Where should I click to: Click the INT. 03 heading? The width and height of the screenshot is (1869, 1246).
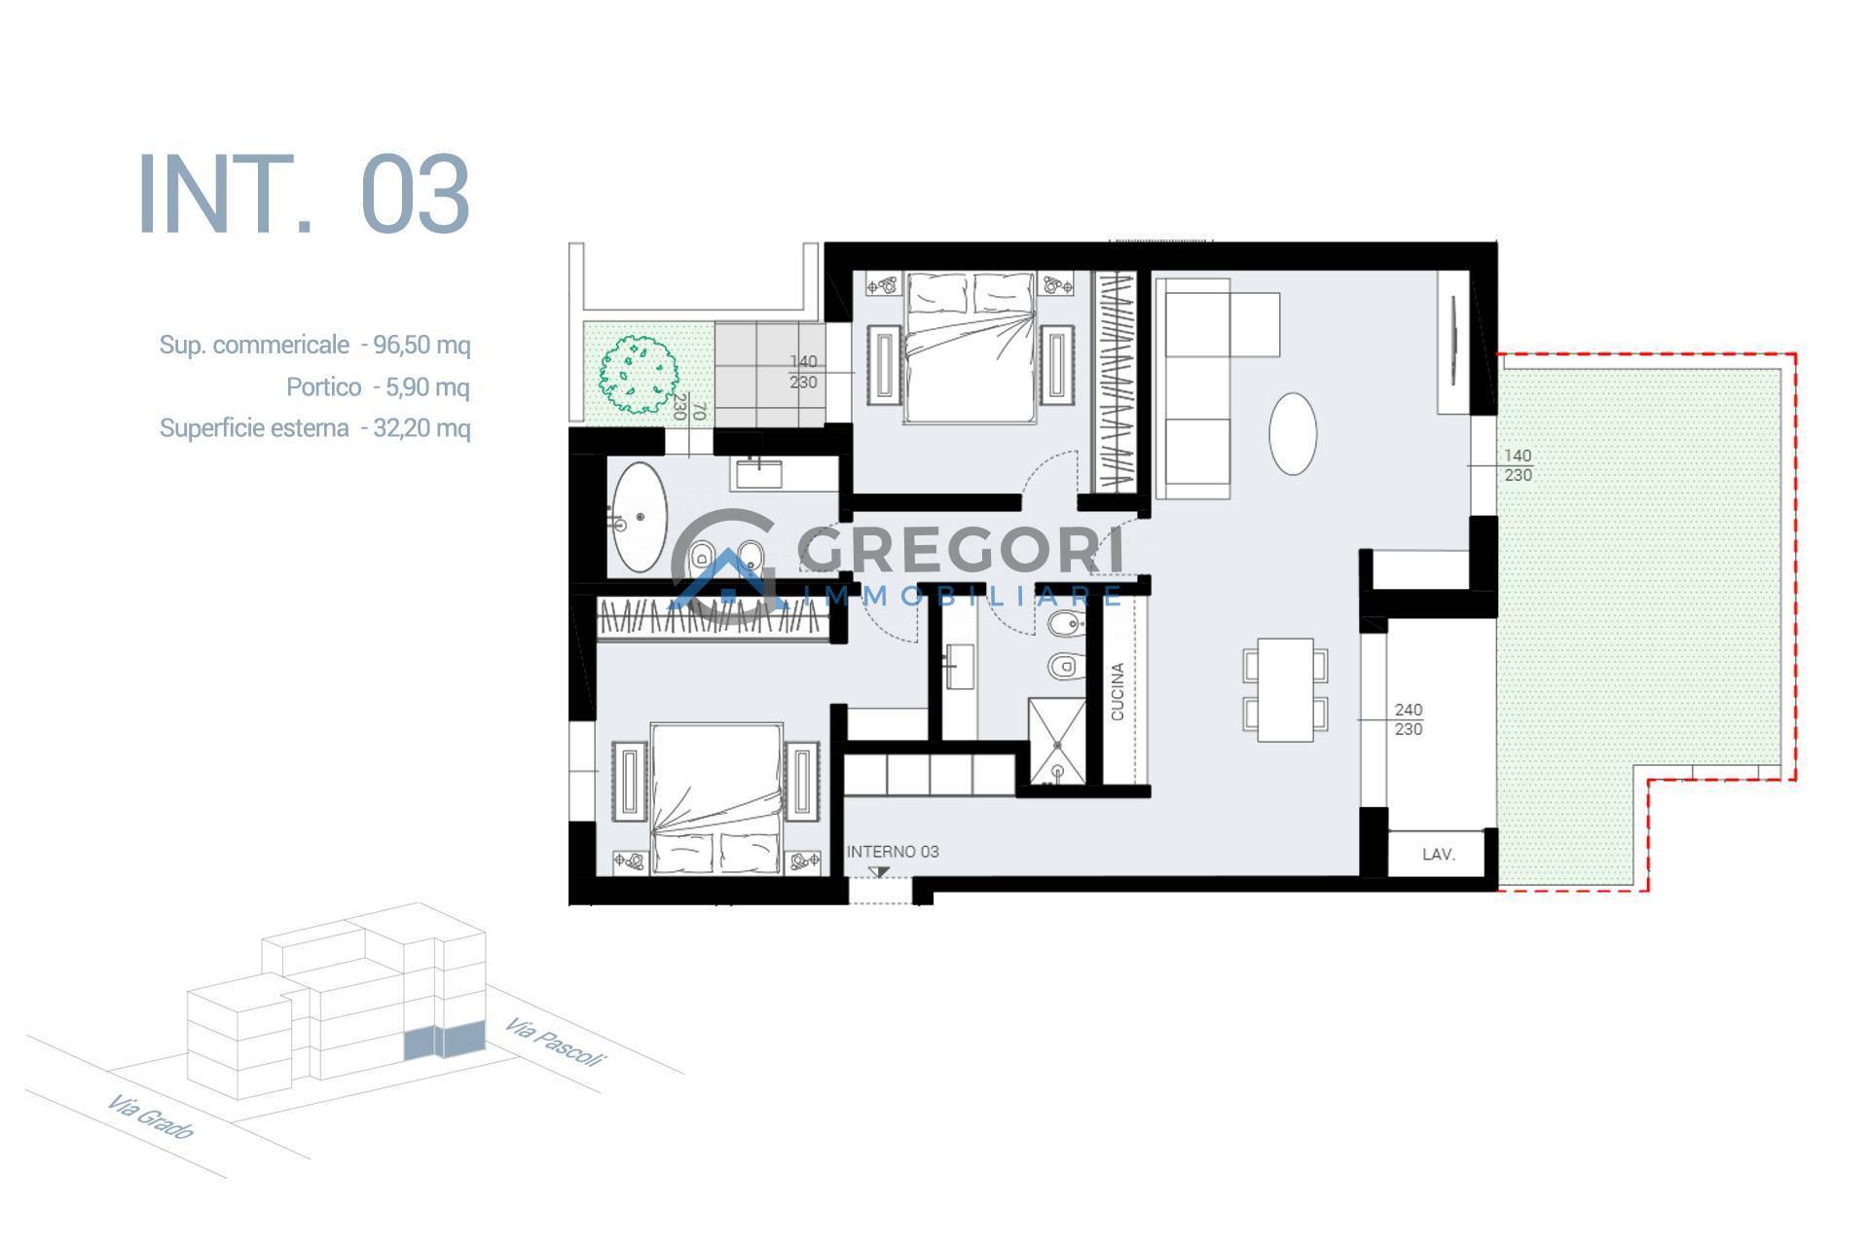click(x=304, y=194)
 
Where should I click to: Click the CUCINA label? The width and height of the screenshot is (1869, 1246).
click(x=1118, y=692)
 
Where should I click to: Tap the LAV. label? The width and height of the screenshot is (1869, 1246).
click(x=1439, y=855)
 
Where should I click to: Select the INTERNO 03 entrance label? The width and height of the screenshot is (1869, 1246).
click(x=893, y=852)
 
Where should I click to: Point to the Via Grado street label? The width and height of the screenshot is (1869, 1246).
click(x=151, y=1118)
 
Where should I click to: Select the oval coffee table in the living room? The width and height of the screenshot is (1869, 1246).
click(x=1294, y=433)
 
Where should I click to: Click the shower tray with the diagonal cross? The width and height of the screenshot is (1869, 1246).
click(x=1056, y=741)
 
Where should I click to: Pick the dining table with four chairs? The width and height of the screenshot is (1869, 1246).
click(x=1286, y=689)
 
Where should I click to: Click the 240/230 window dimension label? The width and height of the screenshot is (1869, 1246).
click(x=1409, y=719)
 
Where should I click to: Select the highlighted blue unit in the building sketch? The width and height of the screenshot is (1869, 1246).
click(x=444, y=1042)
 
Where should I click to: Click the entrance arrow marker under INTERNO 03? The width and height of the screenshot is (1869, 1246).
click(x=880, y=871)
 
